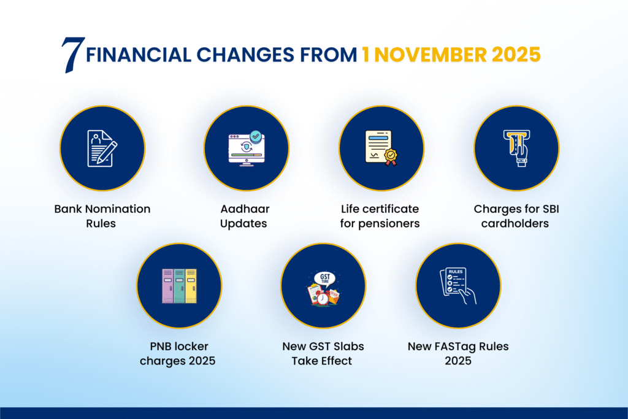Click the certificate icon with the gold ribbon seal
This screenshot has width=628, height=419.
coord(381,148)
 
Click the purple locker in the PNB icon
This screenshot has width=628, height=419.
coord(167,286)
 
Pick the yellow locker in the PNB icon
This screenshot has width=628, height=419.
coord(191,286)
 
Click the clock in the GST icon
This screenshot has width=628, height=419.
coord(323,298)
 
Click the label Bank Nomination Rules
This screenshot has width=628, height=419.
coord(102,216)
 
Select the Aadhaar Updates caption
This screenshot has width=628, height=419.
coord(244,216)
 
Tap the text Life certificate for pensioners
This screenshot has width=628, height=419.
coord(380,216)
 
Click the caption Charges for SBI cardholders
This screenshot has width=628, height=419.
coord(516,216)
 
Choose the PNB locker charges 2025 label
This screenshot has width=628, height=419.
coord(178,354)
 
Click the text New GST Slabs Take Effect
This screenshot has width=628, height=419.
coord(322,354)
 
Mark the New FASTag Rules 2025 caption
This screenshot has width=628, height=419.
coord(458,354)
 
